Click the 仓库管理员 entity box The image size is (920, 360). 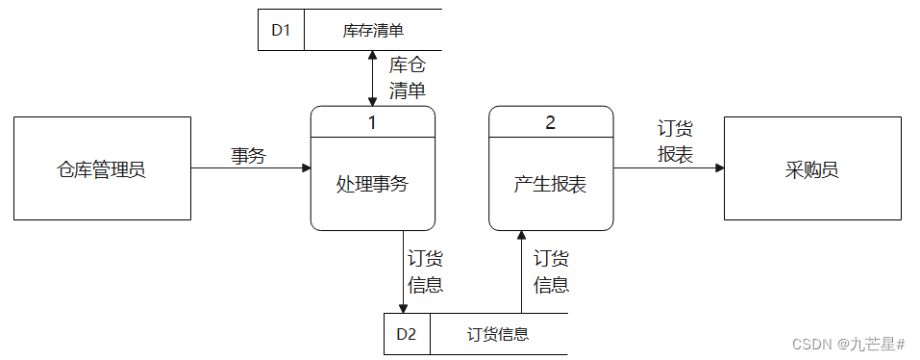102,168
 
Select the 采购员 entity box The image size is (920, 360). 812,168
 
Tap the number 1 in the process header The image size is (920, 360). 373,122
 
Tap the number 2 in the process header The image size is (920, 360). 550,122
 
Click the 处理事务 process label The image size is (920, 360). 373,184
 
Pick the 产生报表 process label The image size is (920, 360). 550,184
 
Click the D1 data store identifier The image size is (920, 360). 281,30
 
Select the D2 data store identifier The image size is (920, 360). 407,334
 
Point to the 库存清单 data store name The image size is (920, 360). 373,31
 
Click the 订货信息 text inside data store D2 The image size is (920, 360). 498,335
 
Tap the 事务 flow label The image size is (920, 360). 248,154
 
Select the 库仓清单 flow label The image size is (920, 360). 407,78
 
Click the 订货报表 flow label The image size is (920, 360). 675,141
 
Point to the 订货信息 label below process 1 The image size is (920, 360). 425,271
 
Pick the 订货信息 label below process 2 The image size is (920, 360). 551,271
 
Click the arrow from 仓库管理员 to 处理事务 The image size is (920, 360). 250,168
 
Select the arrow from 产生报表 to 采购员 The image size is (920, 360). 668,168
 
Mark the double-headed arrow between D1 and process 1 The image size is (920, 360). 373,78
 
